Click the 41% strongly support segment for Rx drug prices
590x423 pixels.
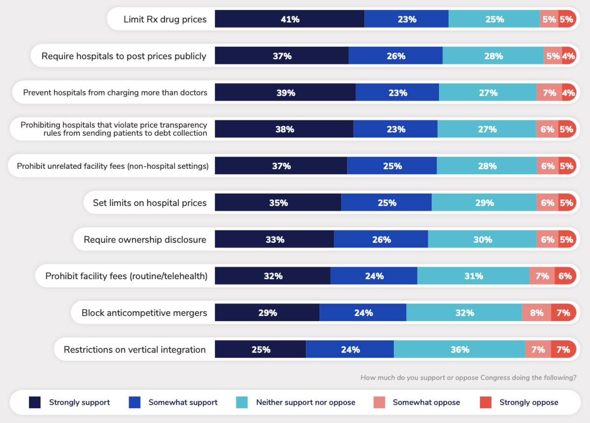[x=290, y=19]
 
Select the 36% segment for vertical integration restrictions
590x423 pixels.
[x=459, y=350]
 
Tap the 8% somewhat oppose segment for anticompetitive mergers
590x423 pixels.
[x=536, y=313]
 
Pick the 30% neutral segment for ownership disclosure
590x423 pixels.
[x=482, y=240]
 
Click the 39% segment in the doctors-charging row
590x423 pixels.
[x=285, y=93]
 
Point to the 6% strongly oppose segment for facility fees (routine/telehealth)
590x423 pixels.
[x=565, y=276]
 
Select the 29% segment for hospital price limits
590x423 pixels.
[x=484, y=203]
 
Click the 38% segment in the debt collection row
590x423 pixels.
[x=284, y=130]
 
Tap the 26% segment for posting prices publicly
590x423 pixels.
[x=395, y=56]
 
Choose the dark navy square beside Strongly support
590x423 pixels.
[x=35, y=402]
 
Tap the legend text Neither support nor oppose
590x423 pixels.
[x=305, y=402]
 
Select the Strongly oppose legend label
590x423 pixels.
[x=529, y=402]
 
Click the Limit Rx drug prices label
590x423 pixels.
[x=165, y=20]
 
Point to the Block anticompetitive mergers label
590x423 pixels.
[x=144, y=313]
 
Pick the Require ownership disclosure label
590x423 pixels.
[x=145, y=240]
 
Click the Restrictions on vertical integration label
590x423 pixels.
[x=135, y=350]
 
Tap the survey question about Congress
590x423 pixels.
[x=468, y=378]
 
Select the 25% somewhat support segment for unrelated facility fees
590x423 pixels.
[x=392, y=166]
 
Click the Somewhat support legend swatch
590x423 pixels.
[x=135, y=402]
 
